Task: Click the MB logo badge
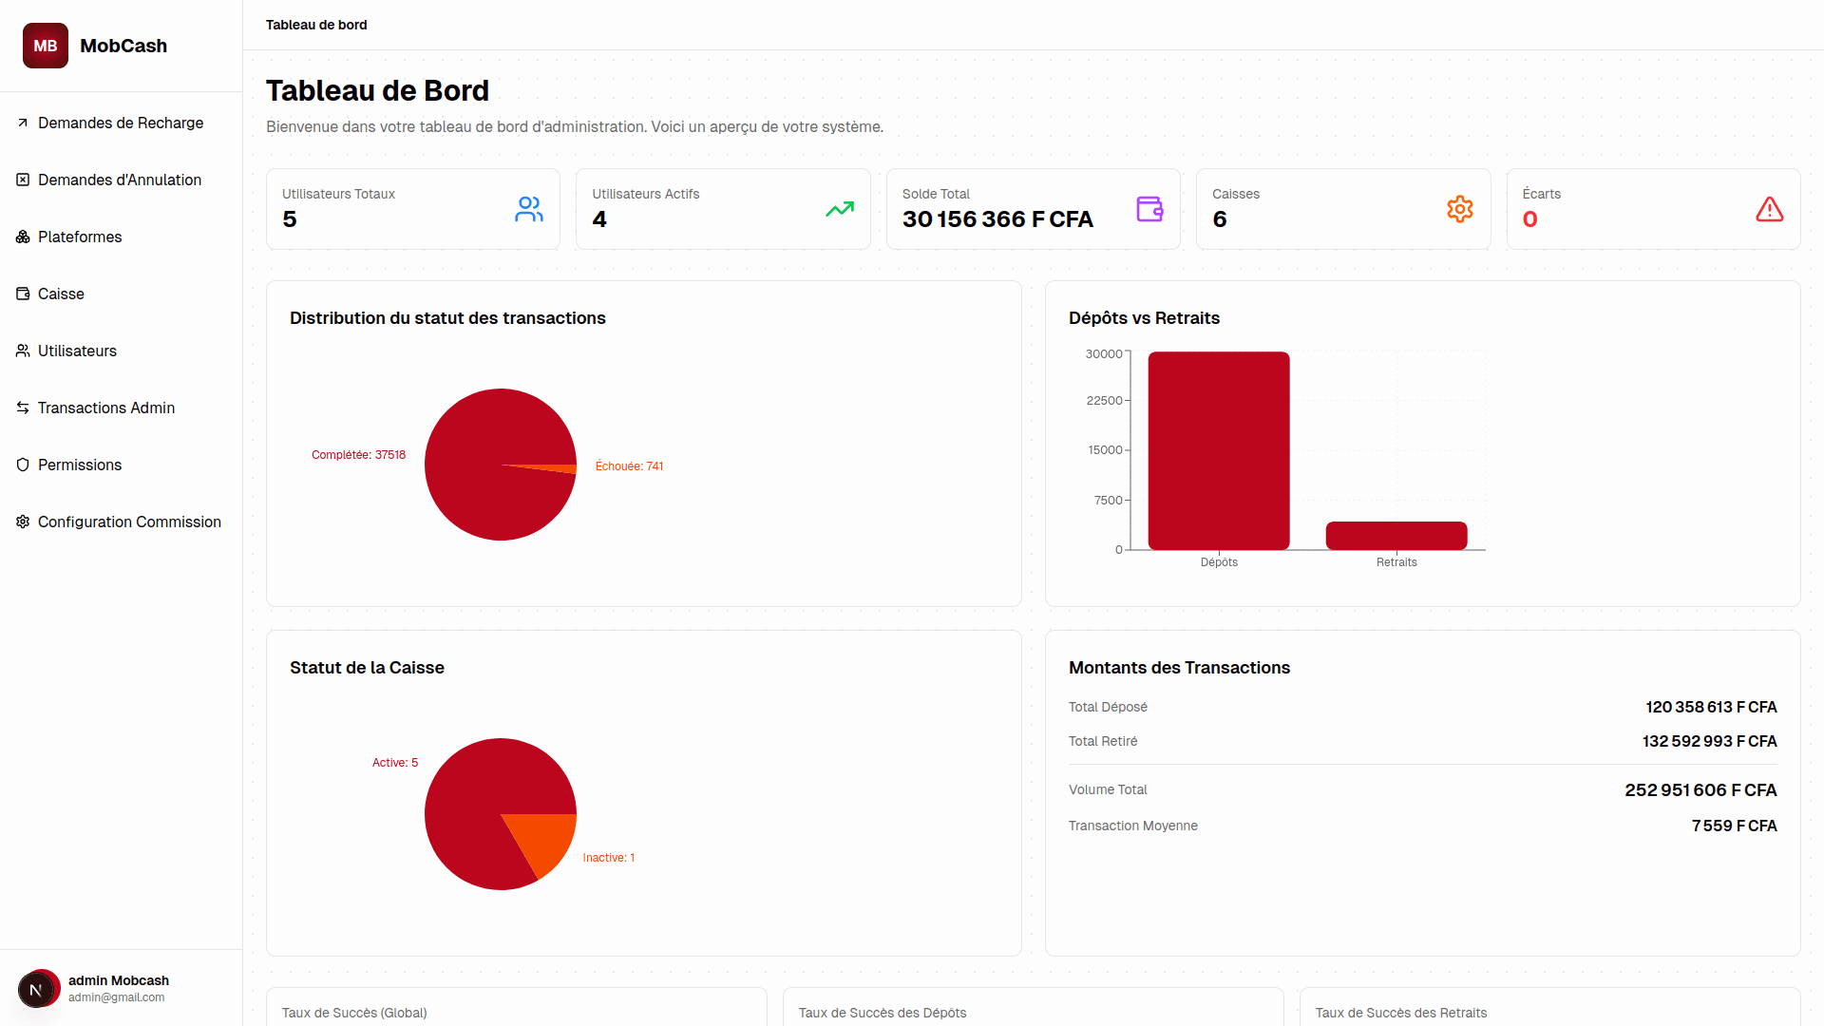click(46, 46)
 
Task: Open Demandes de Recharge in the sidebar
click(121, 123)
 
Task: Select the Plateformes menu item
click(80, 237)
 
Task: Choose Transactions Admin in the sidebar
click(106, 408)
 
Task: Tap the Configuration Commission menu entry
click(129, 522)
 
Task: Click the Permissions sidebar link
click(80, 465)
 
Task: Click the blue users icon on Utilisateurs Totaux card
click(528, 209)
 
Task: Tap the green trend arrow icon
click(839, 209)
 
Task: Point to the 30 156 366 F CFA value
click(997, 219)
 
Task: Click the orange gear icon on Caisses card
click(1459, 209)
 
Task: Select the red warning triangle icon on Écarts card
click(1769, 209)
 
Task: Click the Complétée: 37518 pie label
click(358, 455)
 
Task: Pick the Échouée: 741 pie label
click(629, 466)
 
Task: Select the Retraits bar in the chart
click(1396, 536)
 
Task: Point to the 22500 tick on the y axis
click(1104, 401)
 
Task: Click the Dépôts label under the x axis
click(1219, 562)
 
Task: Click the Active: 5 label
click(394, 763)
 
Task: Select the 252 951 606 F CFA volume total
click(1700, 790)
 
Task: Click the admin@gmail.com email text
click(116, 997)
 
